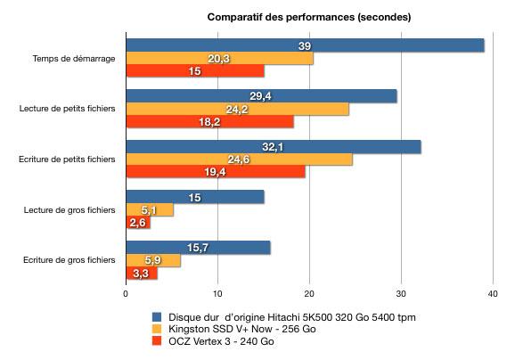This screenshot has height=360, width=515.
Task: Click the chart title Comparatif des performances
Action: click(x=309, y=17)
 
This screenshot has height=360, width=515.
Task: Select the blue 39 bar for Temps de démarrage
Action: click(x=306, y=45)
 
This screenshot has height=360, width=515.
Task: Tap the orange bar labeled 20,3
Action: click(x=220, y=58)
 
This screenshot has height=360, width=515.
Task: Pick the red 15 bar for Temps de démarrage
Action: click(x=195, y=71)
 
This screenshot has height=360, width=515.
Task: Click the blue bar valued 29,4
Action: click(x=261, y=96)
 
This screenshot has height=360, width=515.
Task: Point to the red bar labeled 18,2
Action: click(x=210, y=121)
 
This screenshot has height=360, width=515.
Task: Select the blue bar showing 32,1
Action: click(x=274, y=147)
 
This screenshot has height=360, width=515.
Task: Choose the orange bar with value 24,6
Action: click(x=240, y=160)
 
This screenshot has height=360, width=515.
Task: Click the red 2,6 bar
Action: click(x=138, y=223)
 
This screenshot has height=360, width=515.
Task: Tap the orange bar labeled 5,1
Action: click(x=150, y=210)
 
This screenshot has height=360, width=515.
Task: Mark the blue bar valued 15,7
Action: click(x=199, y=248)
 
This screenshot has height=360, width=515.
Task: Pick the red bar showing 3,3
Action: click(x=142, y=273)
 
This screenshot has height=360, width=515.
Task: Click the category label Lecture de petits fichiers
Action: click(x=67, y=109)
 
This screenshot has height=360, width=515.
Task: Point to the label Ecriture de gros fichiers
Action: click(x=69, y=260)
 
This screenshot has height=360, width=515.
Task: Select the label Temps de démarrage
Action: click(x=74, y=59)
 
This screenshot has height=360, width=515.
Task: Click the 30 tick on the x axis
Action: click(x=401, y=294)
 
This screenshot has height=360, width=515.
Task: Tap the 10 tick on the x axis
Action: click(x=217, y=294)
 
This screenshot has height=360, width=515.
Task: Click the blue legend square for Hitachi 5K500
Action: click(x=157, y=317)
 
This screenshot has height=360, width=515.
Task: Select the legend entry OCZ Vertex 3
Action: click(x=213, y=341)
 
